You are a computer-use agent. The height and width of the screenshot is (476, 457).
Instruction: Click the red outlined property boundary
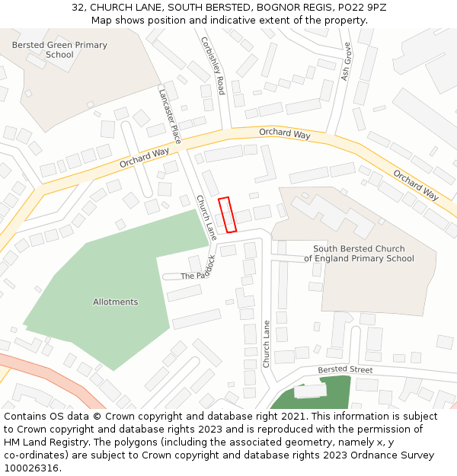(x=228, y=215)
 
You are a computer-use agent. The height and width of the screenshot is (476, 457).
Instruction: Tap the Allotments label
(x=116, y=302)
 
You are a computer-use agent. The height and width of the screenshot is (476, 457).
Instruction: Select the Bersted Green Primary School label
(x=59, y=50)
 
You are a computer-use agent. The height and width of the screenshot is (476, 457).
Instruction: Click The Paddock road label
(x=199, y=271)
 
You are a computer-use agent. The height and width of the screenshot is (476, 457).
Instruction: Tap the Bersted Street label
(x=345, y=370)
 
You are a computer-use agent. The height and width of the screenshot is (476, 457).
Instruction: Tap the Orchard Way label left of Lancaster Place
(x=144, y=158)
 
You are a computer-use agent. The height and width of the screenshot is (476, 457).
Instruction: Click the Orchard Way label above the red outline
(x=284, y=134)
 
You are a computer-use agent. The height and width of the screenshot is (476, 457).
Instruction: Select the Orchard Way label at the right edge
(x=417, y=185)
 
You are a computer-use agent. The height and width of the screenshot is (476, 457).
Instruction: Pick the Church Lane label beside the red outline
(x=207, y=218)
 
